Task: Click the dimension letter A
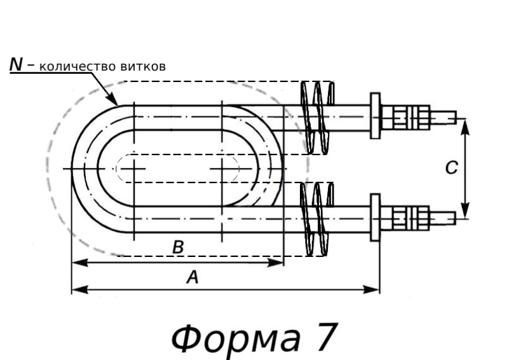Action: pyautogui.click(x=190, y=277)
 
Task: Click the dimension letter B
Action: pyautogui.click(x=179, y=248)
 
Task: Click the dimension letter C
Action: pyautogui.click(x=450, y=168)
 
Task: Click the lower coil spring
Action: pyautogui.click(x=317, y=218)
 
